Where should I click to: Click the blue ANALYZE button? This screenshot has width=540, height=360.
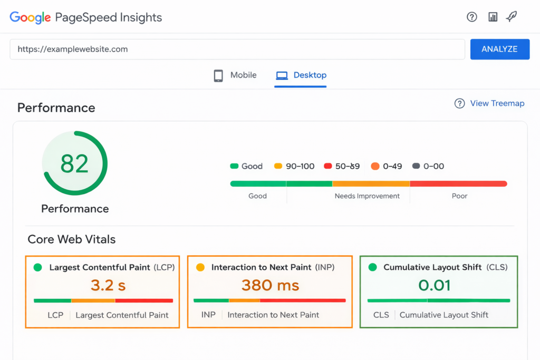499,49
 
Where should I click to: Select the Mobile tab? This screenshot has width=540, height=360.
235,75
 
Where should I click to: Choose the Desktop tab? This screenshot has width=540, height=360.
301,75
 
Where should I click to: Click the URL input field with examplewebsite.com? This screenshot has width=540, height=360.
237,49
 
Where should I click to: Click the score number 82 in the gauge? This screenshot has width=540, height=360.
74,164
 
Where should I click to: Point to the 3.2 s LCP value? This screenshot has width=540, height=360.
108,285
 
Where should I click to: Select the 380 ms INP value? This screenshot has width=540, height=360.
270,285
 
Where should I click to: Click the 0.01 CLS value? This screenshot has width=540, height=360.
435,285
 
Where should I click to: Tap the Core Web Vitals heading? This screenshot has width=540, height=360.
72,239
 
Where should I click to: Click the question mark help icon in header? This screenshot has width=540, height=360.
472,17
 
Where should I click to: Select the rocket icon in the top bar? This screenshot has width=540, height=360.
511,17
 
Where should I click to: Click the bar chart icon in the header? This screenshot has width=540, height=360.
493,17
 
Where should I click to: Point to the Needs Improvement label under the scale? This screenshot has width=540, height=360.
367,196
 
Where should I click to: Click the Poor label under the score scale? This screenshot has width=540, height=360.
459,196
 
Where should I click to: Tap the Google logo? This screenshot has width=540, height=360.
30,17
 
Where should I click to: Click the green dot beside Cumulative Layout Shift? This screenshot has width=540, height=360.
373,267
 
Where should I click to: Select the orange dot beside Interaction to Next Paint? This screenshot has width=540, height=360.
200,267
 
